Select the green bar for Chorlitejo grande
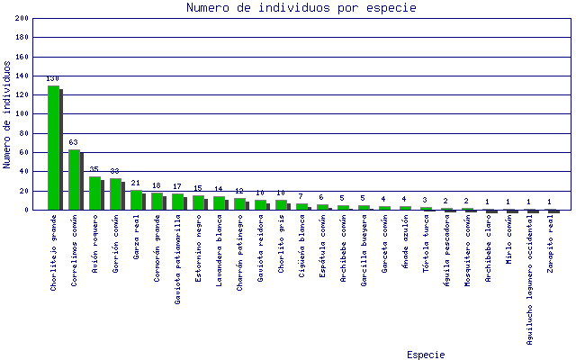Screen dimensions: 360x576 53,148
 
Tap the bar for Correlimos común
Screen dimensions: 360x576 74,179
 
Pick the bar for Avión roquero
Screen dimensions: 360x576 94,193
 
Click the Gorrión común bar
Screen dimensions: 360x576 115,193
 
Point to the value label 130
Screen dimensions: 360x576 53,79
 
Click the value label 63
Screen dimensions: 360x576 74,143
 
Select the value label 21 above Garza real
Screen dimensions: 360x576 136,184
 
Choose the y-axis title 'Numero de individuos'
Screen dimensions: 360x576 7,114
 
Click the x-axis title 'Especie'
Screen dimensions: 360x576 425,355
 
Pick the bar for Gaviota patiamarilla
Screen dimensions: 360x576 177,202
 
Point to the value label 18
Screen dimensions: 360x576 157,186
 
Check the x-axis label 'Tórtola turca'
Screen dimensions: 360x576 426,245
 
